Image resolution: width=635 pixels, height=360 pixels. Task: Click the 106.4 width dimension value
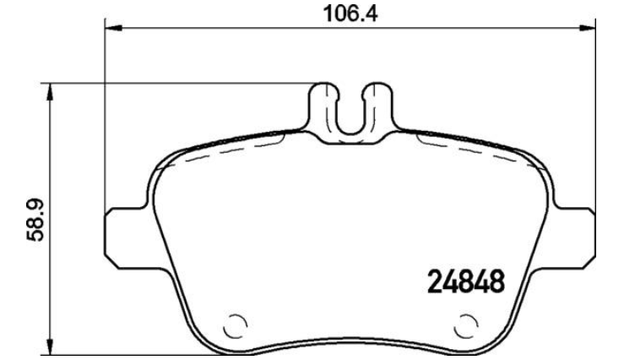coord(350,14)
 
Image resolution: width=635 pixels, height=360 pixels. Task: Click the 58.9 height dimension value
coord(35,221)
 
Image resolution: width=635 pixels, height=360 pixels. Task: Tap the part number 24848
coord(466,281)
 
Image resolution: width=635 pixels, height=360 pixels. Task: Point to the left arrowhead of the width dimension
coord(113,28)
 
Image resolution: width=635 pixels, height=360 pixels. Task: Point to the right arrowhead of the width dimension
coord(587,28)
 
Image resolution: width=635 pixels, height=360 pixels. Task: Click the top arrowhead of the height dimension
coord(50,92)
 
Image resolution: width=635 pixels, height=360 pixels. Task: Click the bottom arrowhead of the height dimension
coord(50,346)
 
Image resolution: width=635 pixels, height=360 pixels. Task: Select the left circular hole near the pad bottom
coord(236,326)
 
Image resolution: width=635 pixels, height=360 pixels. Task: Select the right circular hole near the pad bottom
coord(466,326)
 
